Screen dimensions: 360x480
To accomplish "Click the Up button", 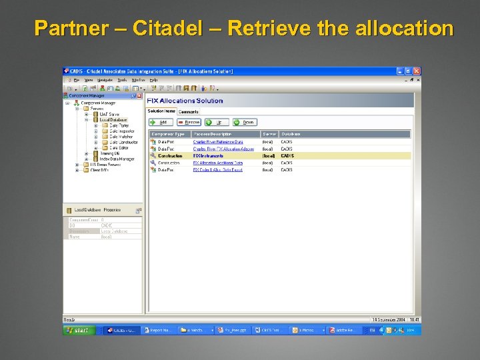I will point(217,122).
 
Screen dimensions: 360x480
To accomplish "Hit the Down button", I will point(245,122).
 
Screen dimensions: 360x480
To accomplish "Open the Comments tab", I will point(189,111).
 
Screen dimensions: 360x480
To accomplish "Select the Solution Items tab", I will point(161,111).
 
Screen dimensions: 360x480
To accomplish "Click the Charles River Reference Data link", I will point(218,142).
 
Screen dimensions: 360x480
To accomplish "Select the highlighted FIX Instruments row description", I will point(208,156).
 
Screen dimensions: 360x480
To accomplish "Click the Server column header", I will point(269,134).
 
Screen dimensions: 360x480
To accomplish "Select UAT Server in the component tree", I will point(109,114).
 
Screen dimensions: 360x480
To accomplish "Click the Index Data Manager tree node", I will point(117,159).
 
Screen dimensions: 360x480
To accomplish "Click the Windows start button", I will point(78,330).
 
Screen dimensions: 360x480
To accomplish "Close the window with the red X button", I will point(417,71).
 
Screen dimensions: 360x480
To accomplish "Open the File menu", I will point(77,80).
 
